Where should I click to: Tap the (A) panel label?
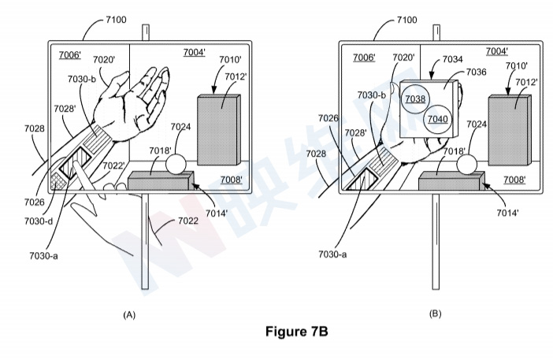[130, 314]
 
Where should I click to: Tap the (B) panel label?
[434, 314]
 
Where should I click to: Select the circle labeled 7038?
[415, 98]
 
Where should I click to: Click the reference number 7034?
[453, 59]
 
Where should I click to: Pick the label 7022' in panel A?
[113, 165]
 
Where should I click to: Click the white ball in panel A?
[174, 164]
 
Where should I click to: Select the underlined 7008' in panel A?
[232, 179]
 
